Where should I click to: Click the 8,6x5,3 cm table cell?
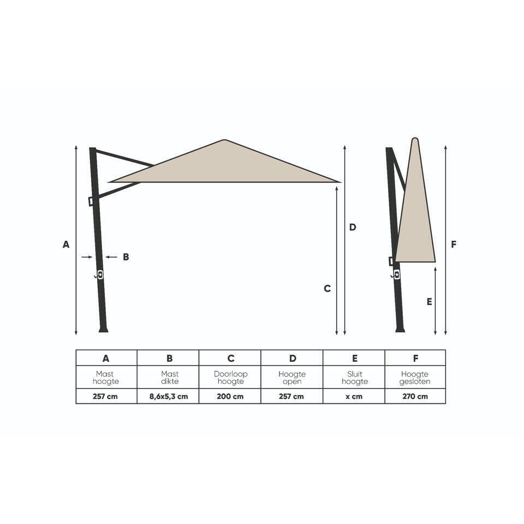click(x=168, y=396)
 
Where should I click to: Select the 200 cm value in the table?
click(x=230, y=396)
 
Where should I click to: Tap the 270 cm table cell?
click(x=415, y=396)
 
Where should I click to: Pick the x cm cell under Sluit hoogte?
click(x=354, y=396)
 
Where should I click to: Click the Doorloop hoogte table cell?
click(x=230, y=377)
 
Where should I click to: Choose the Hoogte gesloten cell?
click(x=415, y=377)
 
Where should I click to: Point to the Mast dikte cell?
click(x=170, y=377)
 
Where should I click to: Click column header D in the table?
click(x=293, y=358)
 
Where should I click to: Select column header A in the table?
click(x=106, y=358)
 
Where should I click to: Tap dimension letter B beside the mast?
click(x=126, y=257)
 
